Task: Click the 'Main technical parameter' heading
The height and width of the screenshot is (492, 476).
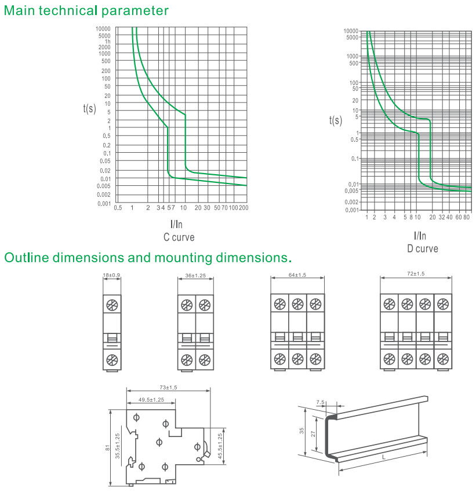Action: tap(86, 10)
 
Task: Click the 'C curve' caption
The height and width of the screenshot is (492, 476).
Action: tap(179, 237)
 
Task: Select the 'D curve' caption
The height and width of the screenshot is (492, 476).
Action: tap(422, 248)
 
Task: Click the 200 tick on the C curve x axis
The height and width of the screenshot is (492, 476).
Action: tap(244, 208)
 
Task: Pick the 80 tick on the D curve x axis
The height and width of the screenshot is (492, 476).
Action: tap(467, 216)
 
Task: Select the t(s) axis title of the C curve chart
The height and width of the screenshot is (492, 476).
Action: tap(89, 108)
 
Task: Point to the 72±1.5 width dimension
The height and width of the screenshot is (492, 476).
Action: tap(416, 273)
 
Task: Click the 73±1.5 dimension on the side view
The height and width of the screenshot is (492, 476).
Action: tap(168, 387)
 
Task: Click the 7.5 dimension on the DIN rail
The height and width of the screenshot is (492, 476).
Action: tap(321, 401)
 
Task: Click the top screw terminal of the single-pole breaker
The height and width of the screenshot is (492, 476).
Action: tap(112, 304)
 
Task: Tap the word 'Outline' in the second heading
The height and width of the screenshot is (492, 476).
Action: tap(25, 257)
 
